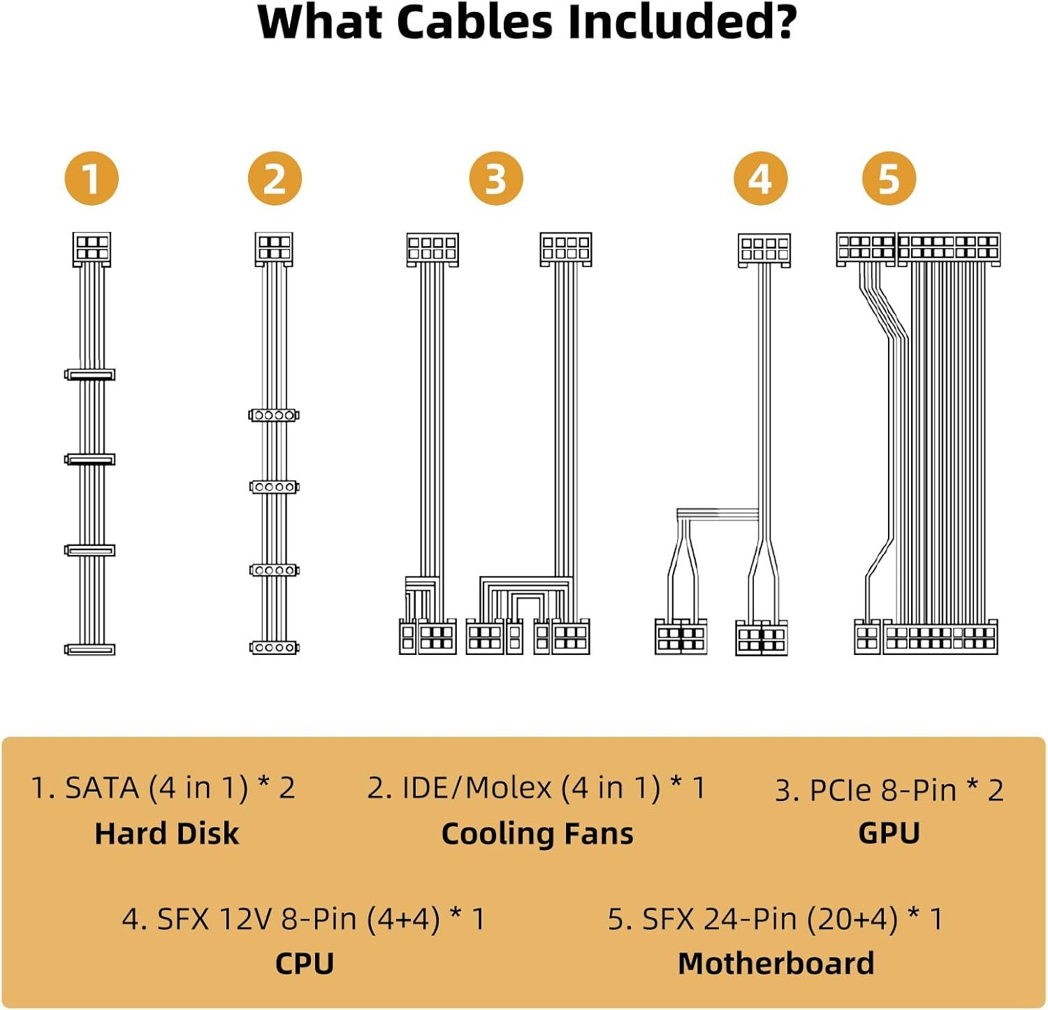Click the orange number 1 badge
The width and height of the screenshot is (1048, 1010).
tap(92, 179)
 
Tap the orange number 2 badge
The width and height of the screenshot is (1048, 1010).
tap(275, 179)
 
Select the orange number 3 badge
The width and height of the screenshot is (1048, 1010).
tap(496, 179)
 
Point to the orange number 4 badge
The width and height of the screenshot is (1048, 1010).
tap(761, 179)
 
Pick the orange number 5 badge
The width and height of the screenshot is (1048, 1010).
tap(889, 179)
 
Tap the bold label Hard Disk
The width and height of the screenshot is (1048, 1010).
tap(167, 834)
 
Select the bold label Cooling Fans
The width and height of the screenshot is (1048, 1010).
tap(537, 834)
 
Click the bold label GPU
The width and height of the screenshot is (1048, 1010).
tap(889, 833)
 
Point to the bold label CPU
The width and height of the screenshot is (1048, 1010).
tap(305, 964)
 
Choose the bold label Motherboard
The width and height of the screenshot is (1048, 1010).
tap(776, 964)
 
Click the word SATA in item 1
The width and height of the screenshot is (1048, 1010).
tap(102, 788)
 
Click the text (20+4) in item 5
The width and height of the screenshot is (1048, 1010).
tap(852, 919)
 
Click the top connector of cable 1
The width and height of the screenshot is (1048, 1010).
tap(92, 249)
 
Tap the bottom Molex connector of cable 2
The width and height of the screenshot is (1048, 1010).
tap(274, 647)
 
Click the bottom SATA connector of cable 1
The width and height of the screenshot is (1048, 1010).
tap(90, 649)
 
